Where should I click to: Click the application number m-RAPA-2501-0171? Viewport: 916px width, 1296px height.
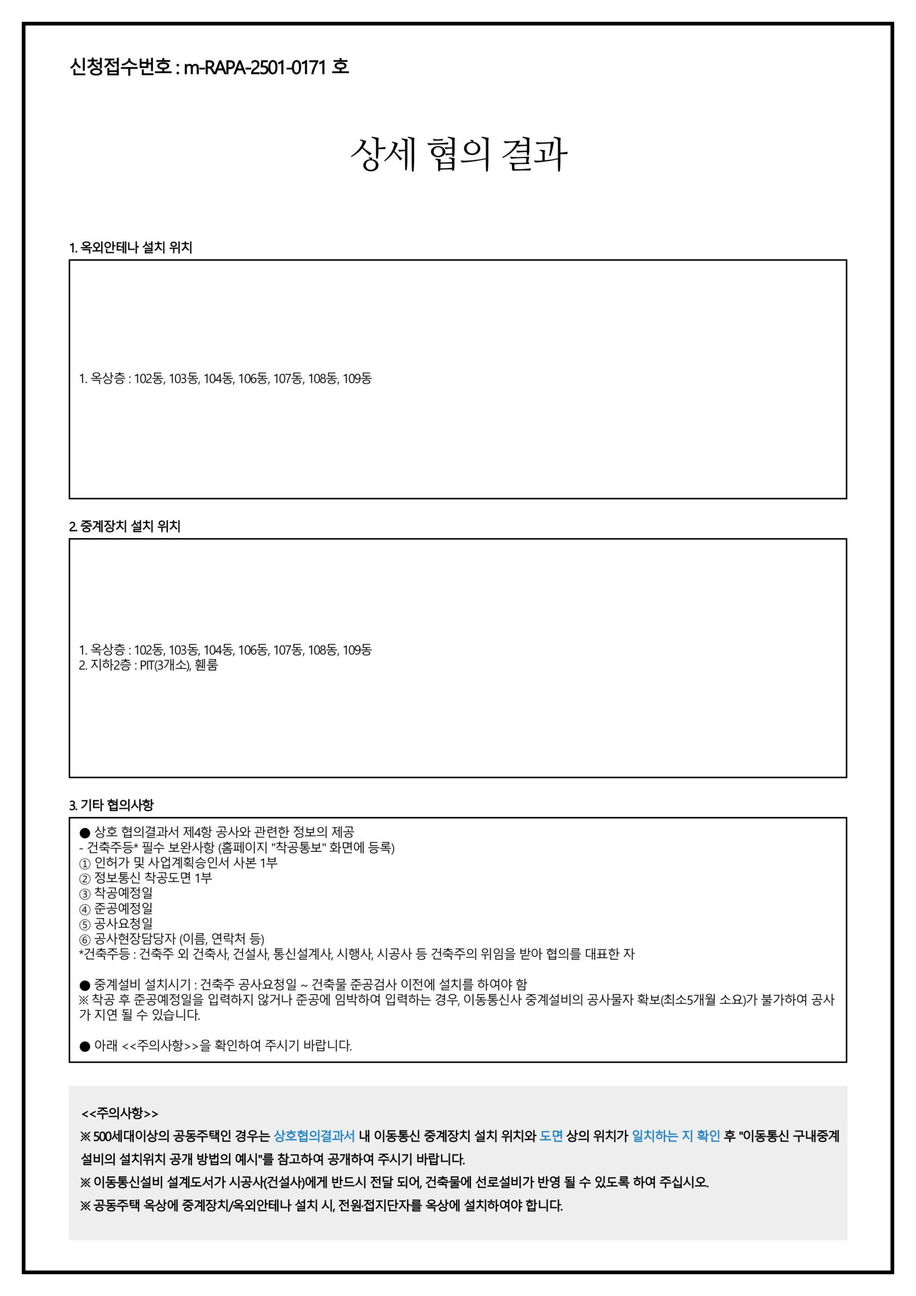(255, 67)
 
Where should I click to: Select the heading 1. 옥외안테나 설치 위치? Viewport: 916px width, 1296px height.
(131, 247)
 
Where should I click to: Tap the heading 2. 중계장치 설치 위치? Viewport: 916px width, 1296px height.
(124, 526)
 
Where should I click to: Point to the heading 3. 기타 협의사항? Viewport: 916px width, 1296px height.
(111, 805)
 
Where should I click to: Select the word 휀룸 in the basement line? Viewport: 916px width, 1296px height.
(206, 665)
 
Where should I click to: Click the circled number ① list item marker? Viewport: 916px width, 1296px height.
(85, 863)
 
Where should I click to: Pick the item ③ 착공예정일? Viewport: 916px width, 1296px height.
(116, 893)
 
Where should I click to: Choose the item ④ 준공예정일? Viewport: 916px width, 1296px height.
(116, 908)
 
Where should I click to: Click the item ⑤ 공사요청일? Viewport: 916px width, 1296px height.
(116, 923)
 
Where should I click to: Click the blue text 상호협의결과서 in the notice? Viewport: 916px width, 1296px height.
(314, 1136)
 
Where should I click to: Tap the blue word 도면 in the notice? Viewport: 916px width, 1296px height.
(551, 1136)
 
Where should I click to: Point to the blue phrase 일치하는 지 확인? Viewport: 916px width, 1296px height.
(675, 1136)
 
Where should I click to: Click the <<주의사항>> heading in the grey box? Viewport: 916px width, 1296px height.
(120, 1113)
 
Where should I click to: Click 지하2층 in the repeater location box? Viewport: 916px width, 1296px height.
(111, 665)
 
